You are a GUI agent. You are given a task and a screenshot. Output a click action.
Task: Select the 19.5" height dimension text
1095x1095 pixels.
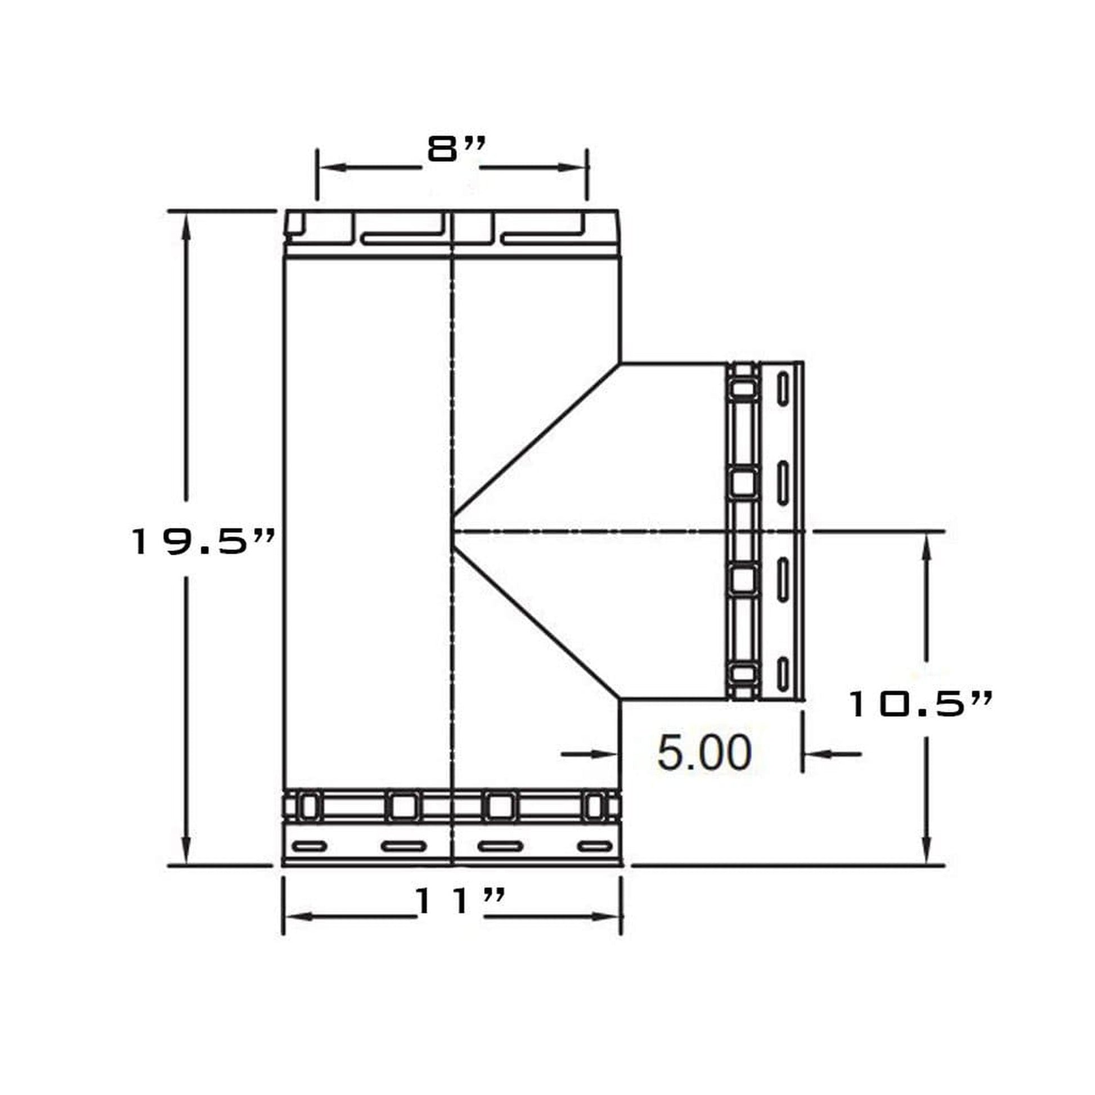click(203, 541)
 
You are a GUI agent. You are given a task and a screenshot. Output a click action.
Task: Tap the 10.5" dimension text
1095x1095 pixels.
click(921, 704)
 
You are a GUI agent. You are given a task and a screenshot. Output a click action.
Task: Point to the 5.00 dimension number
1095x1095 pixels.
click(704, 753)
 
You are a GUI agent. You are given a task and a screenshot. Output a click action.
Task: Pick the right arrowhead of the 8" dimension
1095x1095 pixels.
click(571, 168)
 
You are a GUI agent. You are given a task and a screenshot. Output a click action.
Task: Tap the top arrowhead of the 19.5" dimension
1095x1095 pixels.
click(185, 229)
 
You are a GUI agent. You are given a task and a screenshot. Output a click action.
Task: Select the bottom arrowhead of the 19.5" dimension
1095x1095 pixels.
click(185, 849)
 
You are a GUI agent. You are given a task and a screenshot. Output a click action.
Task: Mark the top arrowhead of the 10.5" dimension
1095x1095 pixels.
click(927, 548)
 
